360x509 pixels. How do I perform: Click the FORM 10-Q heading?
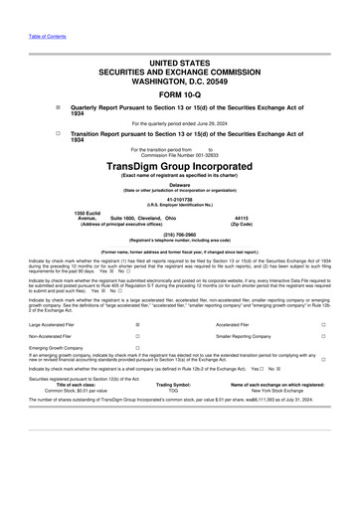(179, 88)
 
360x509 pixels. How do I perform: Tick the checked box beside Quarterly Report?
(58, 104)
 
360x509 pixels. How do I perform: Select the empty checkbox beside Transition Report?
(58, 132)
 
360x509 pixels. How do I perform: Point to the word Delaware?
(180, 185)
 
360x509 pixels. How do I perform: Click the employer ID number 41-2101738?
(180, 200)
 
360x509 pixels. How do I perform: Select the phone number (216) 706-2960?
(180, 238)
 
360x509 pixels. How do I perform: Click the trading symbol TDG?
(173, 391)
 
